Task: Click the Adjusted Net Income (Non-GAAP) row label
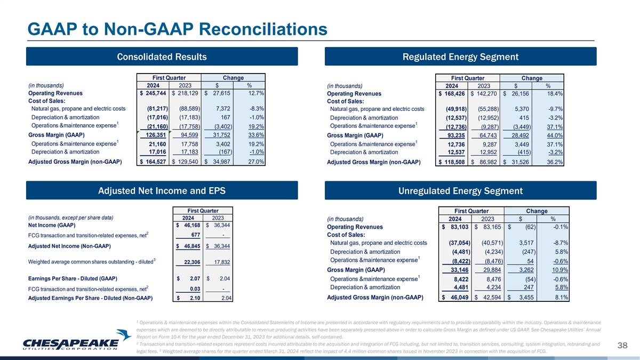point(69,246)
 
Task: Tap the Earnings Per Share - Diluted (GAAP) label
point(73,278)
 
